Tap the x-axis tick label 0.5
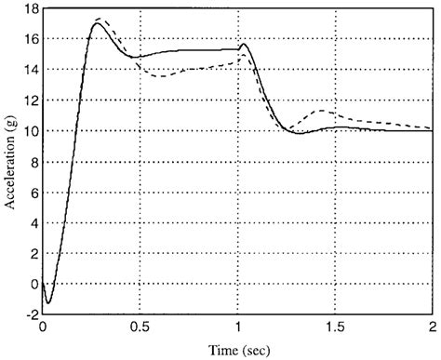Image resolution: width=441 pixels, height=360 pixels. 140,327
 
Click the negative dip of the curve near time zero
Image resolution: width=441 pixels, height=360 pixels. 48,302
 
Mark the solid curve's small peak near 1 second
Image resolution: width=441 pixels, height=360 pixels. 243,44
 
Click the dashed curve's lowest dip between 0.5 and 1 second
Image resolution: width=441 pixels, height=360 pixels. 163,75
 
